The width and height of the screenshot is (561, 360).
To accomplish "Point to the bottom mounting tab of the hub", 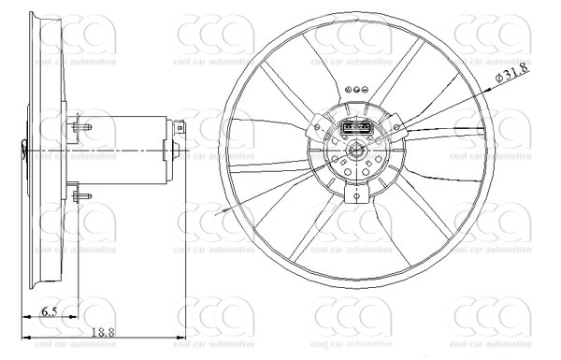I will pos(356,194).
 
